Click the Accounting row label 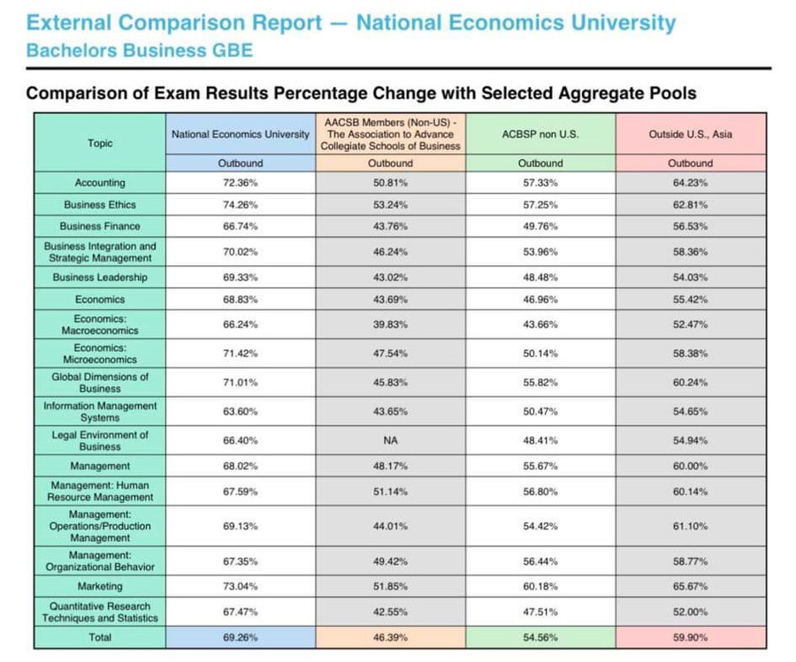pyautogui.click(x=100, y=183)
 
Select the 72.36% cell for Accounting pyautogui.click(x=241, y=183)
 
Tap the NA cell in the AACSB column pyautogui.click(x=390, y=439)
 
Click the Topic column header pyautogui.click(x=100, y=143)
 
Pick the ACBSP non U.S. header pyautogui.click(x=540, y=134)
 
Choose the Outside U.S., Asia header pyautogui.click(x=690, y=134)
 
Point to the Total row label pyautogui.click(x=100, y=636)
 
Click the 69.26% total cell pyautogui.click(x=241, y=636)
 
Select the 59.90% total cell pyautogui.click(x=690, y=636)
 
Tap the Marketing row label pyautogui.click(x=100, y=586)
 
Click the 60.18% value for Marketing pyautogui.click(x=540, y=586)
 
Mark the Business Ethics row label pyautogui.click(x=100, y=205)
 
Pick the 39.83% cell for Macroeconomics pyautogui.click(x=390, y=324)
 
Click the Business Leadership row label pyautogui.click(x=100, y=277)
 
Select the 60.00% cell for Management pyautogui.click(x=690, y=466)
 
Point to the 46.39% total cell pyautogui.click(x=390, y=636)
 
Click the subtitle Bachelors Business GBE pyautogui.click(x=139, y=50)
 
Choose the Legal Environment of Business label pyautogui.click(x=100, y=440)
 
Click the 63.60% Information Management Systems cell pyautogui.click(x=241, y=411)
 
